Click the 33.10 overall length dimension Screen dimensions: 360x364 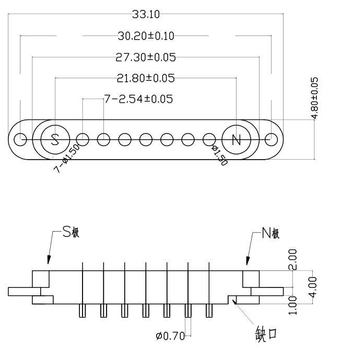[x=146, y=15]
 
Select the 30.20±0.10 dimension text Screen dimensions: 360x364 [x=146, y=35]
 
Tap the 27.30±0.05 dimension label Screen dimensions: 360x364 [x=146, y=56]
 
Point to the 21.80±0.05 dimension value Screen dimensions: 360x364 [x=146, y=78]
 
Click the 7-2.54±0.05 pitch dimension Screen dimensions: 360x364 [x=139, y=98]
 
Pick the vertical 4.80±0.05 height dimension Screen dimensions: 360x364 [x=314, y=99]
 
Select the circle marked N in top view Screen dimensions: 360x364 [x=236, y=139]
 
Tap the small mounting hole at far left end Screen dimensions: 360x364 [x=20, y=140]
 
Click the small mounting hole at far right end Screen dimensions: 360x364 [x=271, y=140]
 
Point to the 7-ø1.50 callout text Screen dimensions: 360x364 [x=67, y=159]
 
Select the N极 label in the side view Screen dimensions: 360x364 [x=271, y=233]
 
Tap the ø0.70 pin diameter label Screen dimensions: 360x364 [x=170, y=336]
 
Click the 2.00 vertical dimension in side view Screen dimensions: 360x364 [x=293, y=259]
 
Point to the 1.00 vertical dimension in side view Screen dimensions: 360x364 [x=293, y=305]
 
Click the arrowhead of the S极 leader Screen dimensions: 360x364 [x=49, y=261]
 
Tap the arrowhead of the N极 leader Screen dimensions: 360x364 [x=248, y=261]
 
